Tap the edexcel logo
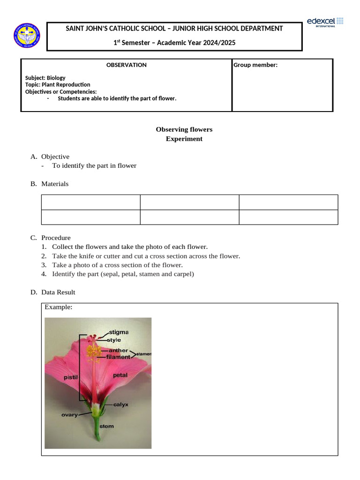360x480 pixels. tap(325, 22)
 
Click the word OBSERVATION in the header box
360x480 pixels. tap(127, 65)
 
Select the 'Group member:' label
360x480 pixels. tap(255, 65)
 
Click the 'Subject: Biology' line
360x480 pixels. tap(45, 78)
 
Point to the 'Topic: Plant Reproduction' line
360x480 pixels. tap(58, 85)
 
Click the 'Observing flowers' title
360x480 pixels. tap(184, 129)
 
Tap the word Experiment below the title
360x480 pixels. tap(184, 139)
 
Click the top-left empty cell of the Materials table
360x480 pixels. tap(91, 202)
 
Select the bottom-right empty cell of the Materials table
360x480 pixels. tap(288, 217)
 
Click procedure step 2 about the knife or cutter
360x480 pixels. tap(146, 256)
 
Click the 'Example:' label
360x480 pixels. tap(58, 307)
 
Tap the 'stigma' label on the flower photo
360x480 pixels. tap(119, 332)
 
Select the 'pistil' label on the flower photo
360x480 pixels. tap(70, 377)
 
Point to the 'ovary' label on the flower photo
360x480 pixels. tap(69, 415)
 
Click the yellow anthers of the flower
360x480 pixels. tap(93, 354)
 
